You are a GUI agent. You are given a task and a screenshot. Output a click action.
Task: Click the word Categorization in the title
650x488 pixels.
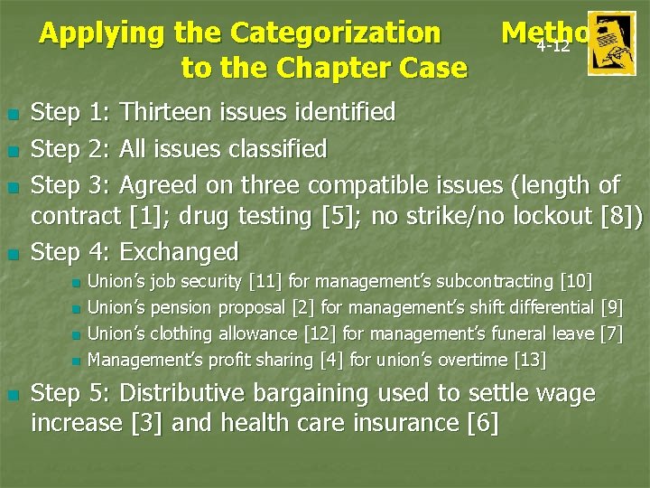(335, 33)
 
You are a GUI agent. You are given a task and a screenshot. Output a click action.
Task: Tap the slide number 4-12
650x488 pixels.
(552, 46)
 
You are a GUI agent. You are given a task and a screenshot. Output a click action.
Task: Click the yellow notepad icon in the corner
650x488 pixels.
(611, 43)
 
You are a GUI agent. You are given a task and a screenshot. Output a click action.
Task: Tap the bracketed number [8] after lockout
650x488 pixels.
(620, 217)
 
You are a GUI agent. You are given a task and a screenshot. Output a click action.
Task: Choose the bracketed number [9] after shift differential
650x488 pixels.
(611, 309)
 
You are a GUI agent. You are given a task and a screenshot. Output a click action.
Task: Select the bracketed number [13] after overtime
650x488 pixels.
(530, 360)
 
